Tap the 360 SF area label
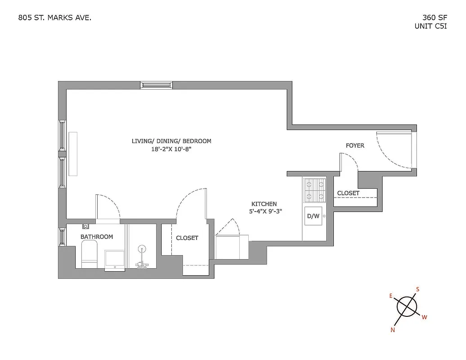(431, 18)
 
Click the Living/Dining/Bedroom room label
(171, 141)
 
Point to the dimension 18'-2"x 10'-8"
(171, 150)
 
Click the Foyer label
(355, 145)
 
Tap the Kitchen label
(264, 203)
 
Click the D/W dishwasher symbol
(313, 216)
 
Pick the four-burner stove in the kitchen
(315, 190)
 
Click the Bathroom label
(97, 237)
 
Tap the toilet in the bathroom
(90, 254)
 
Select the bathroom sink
(115, 260)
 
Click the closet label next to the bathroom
(187, 238)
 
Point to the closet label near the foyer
(348, 193)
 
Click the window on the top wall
(156, 85)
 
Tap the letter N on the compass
(393, 329)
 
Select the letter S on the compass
(417, 289)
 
